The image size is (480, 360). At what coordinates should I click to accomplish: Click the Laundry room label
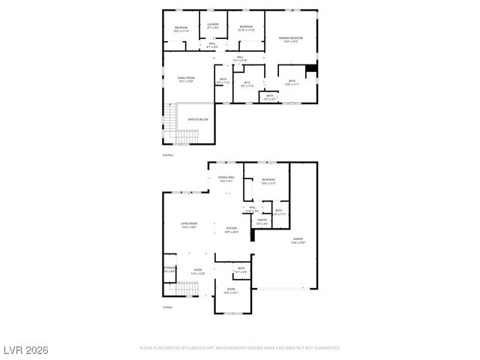tap(213, 26)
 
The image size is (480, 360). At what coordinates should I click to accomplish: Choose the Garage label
tap(298, 240)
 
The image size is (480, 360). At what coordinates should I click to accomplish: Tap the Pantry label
tap(262, 221)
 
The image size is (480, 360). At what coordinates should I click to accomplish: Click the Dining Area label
tap(226, 178)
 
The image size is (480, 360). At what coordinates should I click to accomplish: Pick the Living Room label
tap(188, 224)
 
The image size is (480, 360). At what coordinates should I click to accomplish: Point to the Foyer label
tap(198, 270)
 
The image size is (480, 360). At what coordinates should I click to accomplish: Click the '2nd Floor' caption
tap(168, 154)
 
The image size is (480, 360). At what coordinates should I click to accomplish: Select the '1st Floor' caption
tap(168, 307)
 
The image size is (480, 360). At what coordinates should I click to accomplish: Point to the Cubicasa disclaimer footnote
tap(240, 348)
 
